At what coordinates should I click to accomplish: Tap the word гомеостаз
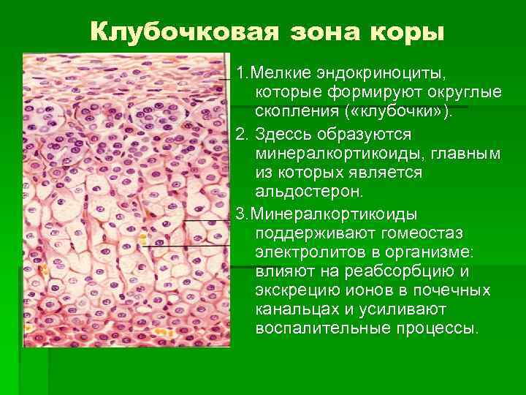pos(423,232)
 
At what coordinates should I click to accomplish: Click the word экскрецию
pos(294,290)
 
